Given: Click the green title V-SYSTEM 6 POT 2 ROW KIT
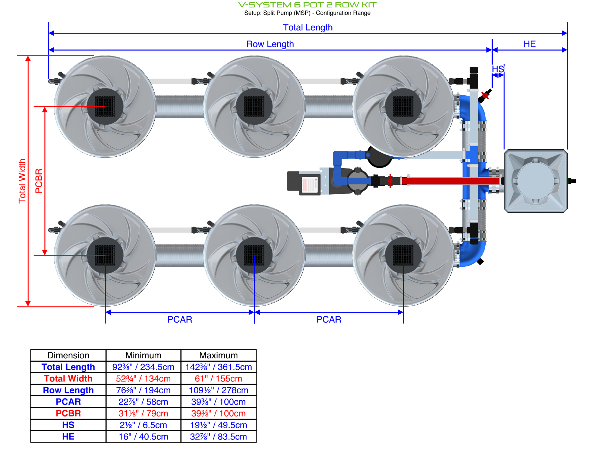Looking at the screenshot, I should (307, 5).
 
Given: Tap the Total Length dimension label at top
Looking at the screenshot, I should (307, 27).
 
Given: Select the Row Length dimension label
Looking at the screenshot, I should (270, 44).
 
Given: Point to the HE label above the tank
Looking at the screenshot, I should (529, 44).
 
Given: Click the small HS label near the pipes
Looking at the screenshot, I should (498, 69).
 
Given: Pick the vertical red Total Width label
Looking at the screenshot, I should (22, 181).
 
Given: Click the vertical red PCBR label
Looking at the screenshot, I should (39, 181).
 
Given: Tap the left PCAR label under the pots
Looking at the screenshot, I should (180, 319).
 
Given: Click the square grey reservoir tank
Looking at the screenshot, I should (536, 181).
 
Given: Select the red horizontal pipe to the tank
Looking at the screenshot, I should (451, 181).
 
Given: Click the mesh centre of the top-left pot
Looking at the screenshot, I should (105, 107).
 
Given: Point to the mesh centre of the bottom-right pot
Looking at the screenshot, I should (403, 255).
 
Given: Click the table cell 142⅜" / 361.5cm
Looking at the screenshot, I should (218, 367).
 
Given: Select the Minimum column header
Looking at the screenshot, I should (143, 355).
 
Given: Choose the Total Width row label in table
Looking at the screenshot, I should (68, 378).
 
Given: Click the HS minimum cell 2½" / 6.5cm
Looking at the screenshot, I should (143, 425).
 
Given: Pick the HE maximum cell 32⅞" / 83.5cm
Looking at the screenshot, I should (218, 437).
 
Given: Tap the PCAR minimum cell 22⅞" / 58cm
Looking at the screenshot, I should (143, 402).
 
